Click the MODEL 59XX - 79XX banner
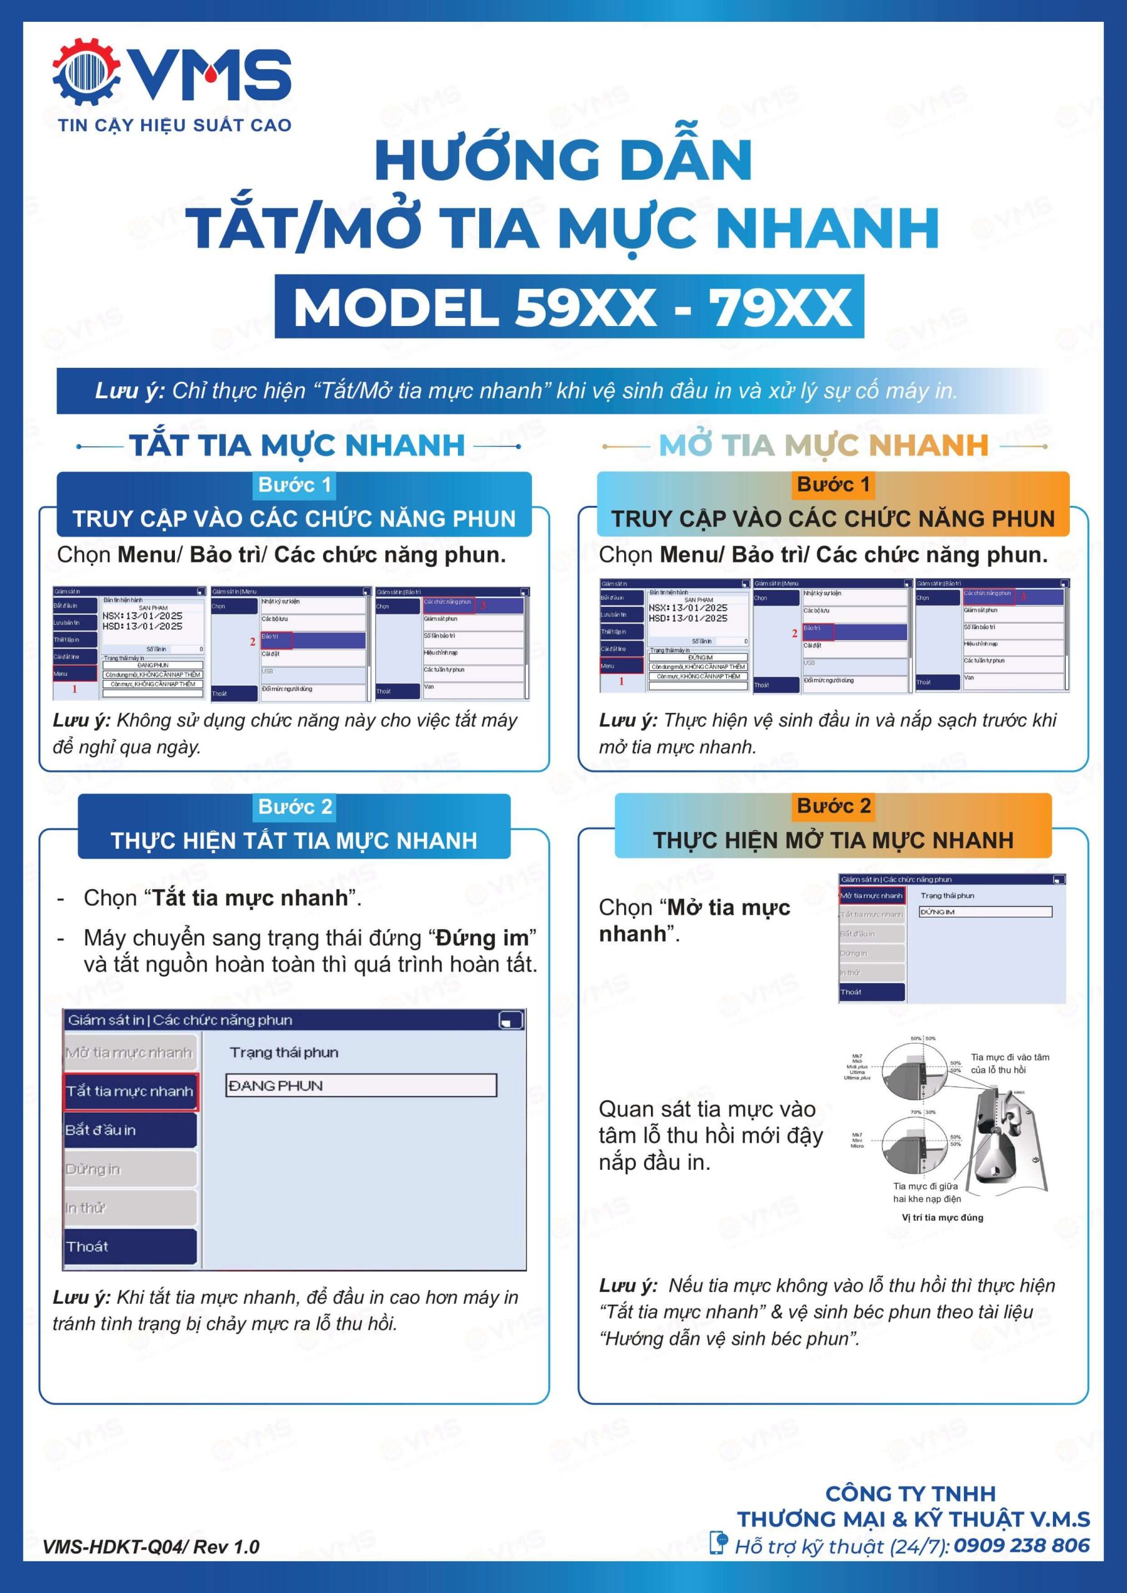pyautogui.click(x=569, y=307)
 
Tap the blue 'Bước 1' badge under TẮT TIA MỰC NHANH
pyautogui.click(x=295, y=484)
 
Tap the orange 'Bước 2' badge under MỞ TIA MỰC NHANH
pyautogui.click(x=833, y=805)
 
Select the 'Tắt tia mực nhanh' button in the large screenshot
pyautogui.click(x=130, y=1091)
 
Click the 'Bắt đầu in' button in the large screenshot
pyautogui.click(x=130, y=1130)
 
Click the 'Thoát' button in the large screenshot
pyautogui.click(x=130, y=1247)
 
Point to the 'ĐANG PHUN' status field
pyautogui.click(x=361, y=1086)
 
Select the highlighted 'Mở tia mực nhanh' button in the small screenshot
pyautogui.click(x=872, y=895)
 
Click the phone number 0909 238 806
pyautogui.click(x=1021, y=1545)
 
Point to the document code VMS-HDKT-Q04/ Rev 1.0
pyautogui.click(x=151, y=1546)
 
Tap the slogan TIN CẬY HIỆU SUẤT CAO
pyautogui.click(x=174, y=126)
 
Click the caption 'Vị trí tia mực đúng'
pyautogui.click(x=942, y=1217)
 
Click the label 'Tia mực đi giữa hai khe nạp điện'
pyautogui.click(x=927, y=1192)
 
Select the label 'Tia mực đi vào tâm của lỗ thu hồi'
pyautogui.click(x=1010, y=1063)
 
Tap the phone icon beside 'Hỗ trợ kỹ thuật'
pyautogui.click(x=719, y=1543)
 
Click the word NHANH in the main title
pyautogui.click(x=827, y=228)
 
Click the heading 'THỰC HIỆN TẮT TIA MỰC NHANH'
pyautogui.click(x=294, y=840)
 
